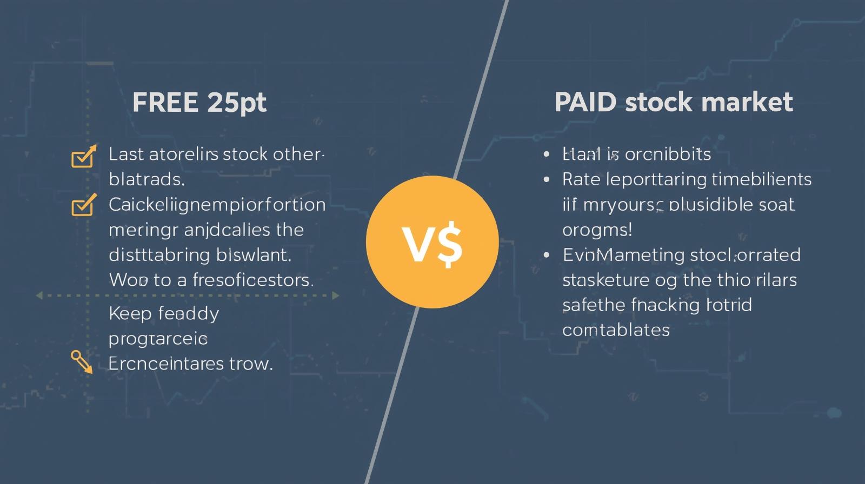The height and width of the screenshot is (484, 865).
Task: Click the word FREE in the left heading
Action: point(165,102)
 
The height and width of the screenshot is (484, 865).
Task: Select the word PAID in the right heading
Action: point(585,102)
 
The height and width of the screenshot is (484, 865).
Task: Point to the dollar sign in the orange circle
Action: point(450,245)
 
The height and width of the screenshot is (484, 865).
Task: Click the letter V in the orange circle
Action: point(417,245)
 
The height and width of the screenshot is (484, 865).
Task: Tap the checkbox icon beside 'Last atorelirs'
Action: point(83,157)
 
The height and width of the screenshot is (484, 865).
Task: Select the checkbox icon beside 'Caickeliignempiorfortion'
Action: point(83,205)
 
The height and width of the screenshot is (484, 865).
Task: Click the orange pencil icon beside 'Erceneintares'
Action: point(82,361)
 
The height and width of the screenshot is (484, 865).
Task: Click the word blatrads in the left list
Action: point(147,179)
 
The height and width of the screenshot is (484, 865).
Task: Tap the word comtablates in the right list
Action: point(616,330)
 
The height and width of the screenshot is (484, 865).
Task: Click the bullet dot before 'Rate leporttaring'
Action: point(547,179)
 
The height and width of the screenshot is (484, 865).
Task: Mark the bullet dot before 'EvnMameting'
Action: point(547,254)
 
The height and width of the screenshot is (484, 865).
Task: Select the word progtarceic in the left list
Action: point(158,339)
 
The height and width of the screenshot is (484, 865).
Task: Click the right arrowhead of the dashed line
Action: point(336,295)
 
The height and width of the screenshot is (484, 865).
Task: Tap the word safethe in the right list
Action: point(594,305)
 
